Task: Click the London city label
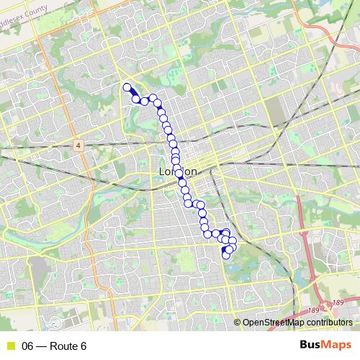pyautogui.click(x=177, y=173)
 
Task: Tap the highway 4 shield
pyautogui.click(x=78, y=145)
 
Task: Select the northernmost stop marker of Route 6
pyautogui.click(x=127, y=88)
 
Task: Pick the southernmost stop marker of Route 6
pyautogui.click(x=226, y=256)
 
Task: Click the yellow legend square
pyautogui.click(x=12, y=346)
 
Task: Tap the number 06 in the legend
pyautogui.click(x=28, y=346)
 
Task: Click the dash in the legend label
pyautogui.click(x=41, y=346)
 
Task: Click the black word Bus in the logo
pyautogui.click(x=311, y=346)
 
